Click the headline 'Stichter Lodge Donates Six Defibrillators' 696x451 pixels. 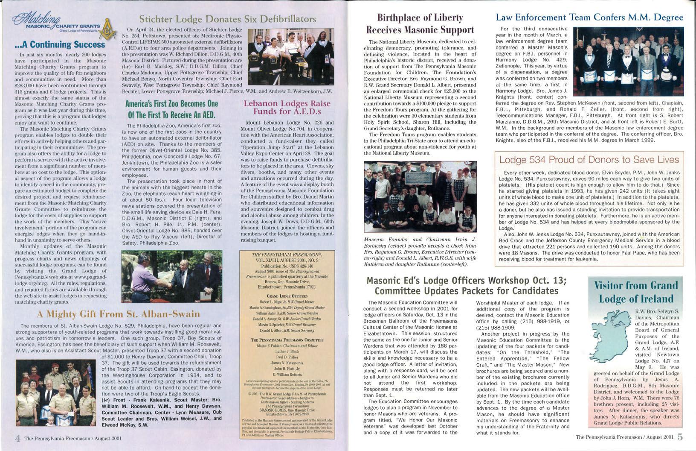[228, 19]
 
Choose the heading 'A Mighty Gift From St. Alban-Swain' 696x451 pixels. [119, 315]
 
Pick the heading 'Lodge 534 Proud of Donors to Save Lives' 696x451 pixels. [589, 160]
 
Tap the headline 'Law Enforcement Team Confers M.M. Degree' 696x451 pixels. [589, 18]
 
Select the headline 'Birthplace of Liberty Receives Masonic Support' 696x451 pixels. [420, 23]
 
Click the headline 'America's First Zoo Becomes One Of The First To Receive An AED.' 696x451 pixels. [171, 109]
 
